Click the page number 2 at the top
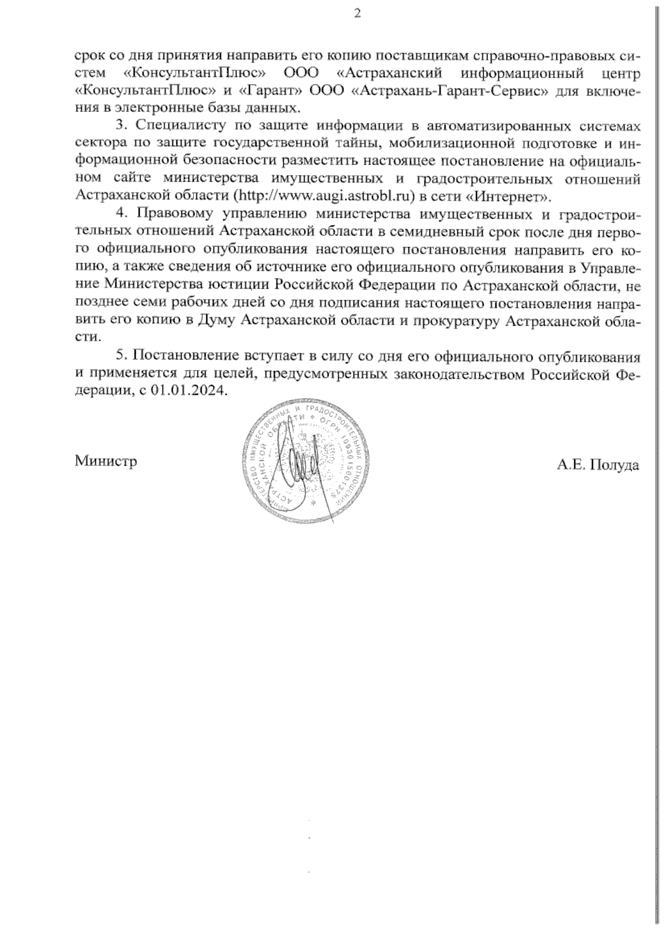click(x=357, y=14)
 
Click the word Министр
click(x=106, y=461)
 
